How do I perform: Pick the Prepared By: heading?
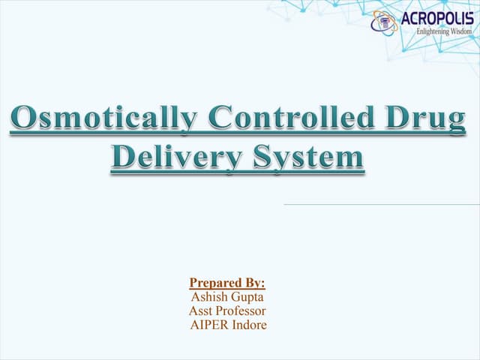click(x=227, y=283)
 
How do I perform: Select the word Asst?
click(x=204, y=310)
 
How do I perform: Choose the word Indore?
click(x=250, y=324)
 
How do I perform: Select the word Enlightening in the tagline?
click(x=430, y=31)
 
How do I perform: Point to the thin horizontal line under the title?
click(x=381, y=204)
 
